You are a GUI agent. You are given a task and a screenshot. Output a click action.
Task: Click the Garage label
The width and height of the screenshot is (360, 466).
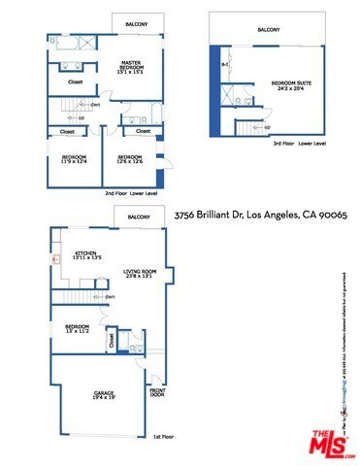[104, 394]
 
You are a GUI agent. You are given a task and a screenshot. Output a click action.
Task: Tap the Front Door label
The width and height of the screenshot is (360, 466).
[157, 395]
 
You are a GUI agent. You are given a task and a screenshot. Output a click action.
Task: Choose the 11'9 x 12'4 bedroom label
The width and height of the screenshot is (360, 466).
[75, 158]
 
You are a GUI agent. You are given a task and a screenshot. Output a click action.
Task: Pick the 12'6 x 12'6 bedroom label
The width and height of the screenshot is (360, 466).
[130, 158]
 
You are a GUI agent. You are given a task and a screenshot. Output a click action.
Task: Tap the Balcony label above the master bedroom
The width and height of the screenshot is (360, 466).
[136, 23]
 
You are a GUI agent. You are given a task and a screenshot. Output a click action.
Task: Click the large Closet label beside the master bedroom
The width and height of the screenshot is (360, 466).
[75, 83]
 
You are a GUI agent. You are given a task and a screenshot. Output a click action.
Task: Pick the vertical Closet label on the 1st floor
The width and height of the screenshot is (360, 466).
[112, 341]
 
